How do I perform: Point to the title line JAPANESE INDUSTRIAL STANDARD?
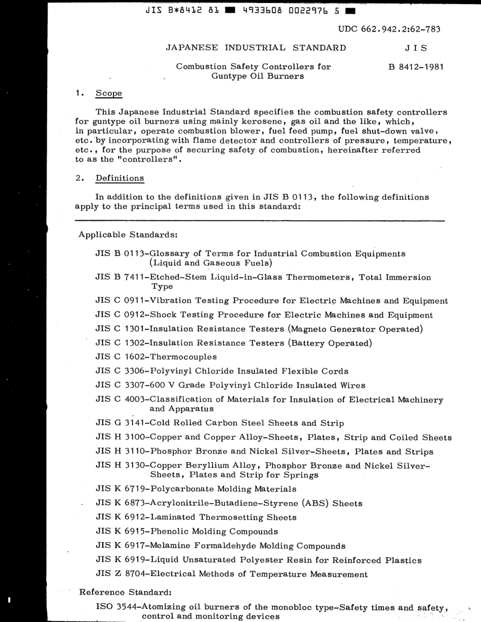coord(256,48)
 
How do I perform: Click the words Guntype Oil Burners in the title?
coord(258,76)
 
